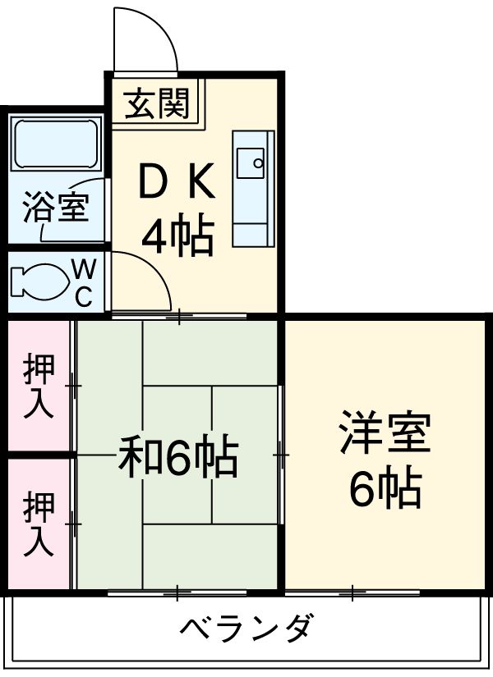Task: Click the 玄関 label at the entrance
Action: click(157, 104)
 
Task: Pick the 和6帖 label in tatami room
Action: click(177, 458)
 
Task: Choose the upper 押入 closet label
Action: click(39, 386)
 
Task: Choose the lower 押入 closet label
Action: click(39, 523)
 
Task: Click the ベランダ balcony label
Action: click(246, 629)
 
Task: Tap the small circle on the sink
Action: click(258, 162)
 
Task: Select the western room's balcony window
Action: click(353, 591)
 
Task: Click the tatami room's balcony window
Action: click(178, 591)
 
